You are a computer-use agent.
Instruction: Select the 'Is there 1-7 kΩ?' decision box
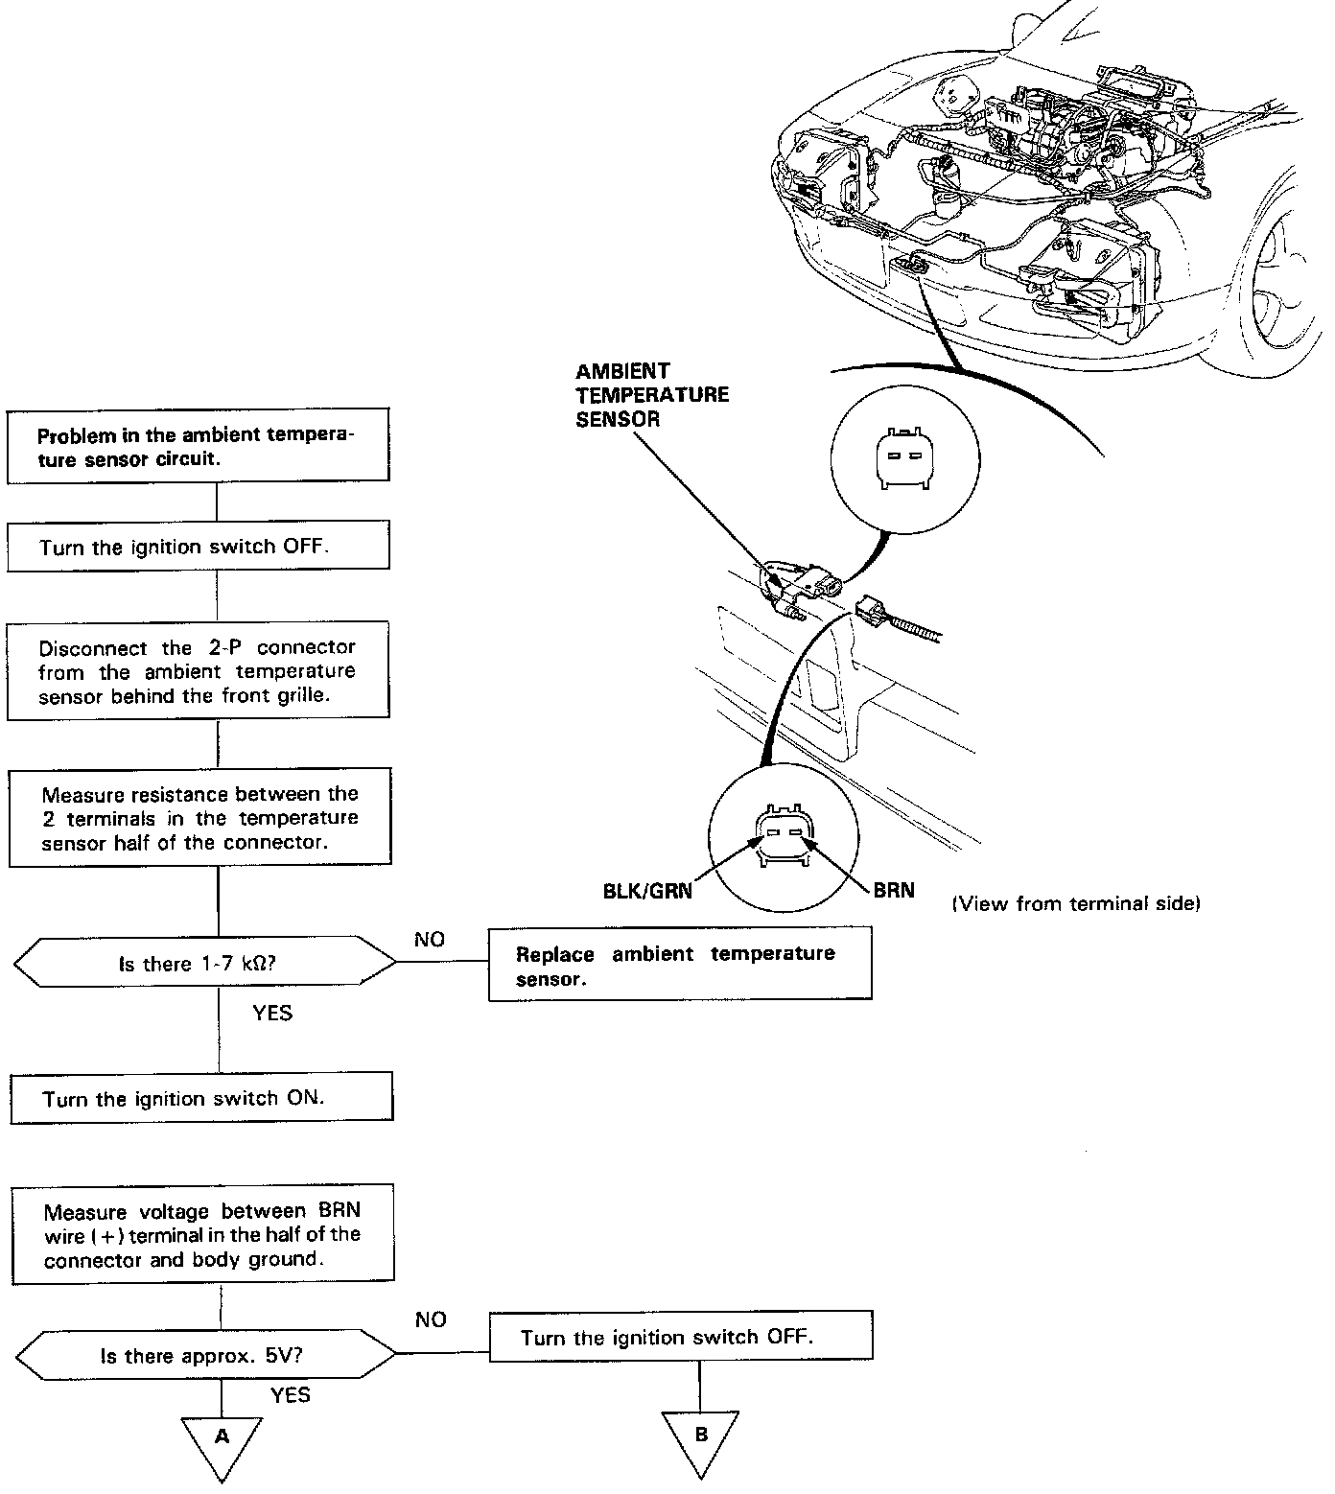[205, 962]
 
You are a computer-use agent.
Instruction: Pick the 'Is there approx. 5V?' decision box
[206, 1355]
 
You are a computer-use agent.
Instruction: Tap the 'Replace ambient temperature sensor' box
[679, 965]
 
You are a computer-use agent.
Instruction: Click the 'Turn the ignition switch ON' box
[201, 1098]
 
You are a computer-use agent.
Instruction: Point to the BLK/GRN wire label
[647, 890]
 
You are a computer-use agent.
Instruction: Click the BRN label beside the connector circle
[893, 890]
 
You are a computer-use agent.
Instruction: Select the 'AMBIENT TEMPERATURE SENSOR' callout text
[651, 394]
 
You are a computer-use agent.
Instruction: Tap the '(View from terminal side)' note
[1076, 902]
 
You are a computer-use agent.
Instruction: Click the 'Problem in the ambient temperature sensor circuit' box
[198, 447]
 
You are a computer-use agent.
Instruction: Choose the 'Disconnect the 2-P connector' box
[198, 671]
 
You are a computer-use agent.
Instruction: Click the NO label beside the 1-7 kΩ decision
[430, 940]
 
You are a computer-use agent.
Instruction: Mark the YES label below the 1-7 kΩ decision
[272, 1013]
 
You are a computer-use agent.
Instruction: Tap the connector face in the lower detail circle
[784, 836]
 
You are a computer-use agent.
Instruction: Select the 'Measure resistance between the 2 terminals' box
[199, 818]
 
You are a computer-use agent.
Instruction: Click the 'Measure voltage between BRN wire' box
[201, 1233]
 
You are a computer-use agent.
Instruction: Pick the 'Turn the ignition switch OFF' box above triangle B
[680, 1337]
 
